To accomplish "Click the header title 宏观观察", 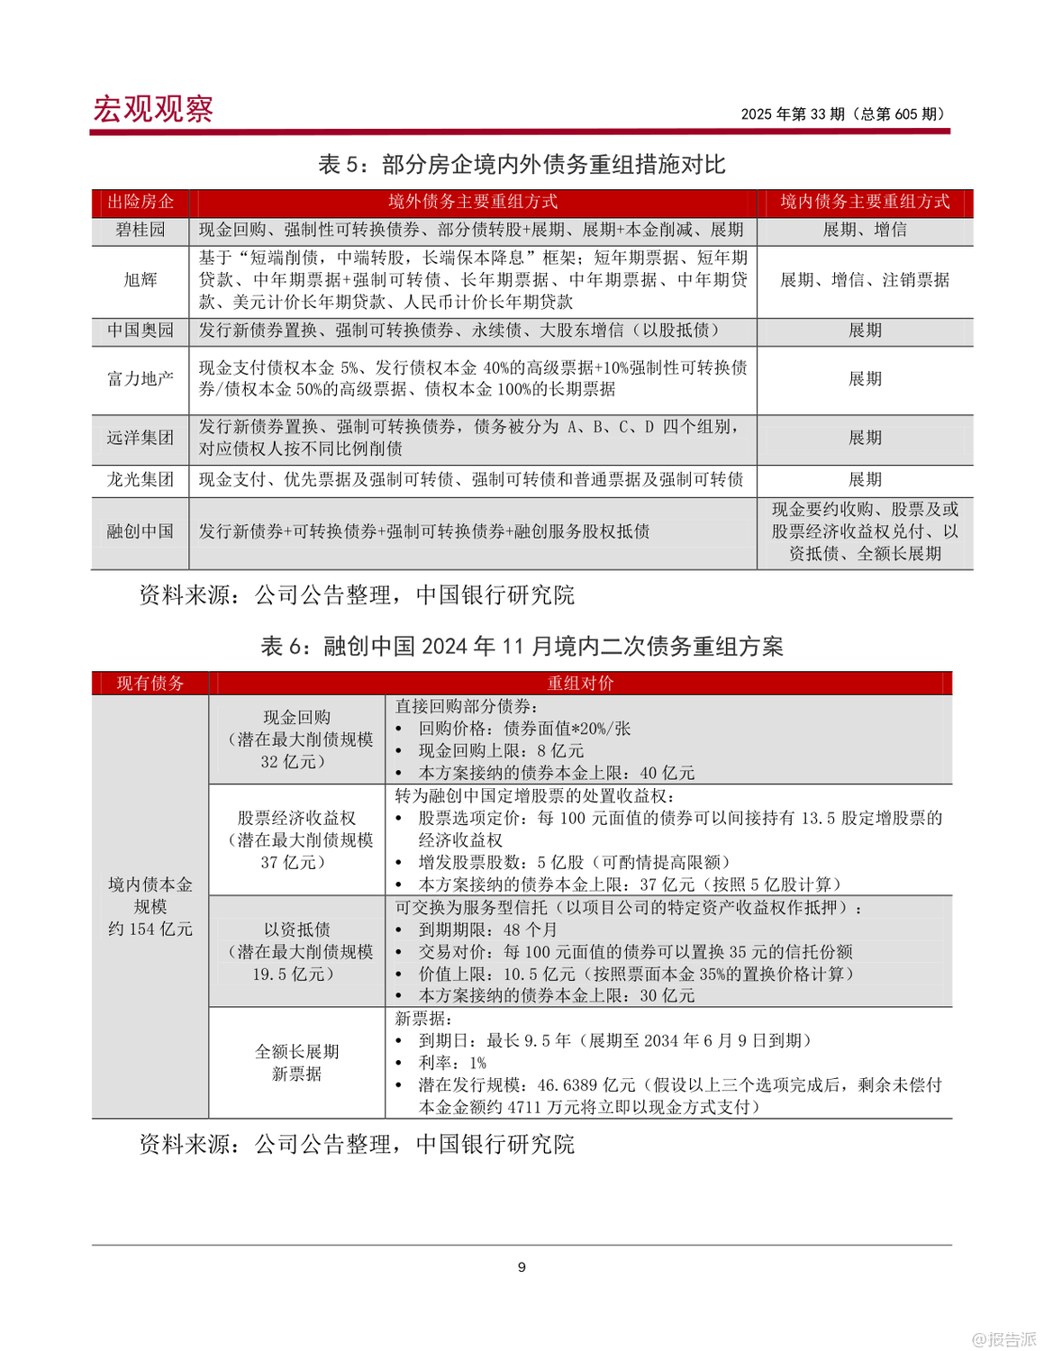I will point(153,109).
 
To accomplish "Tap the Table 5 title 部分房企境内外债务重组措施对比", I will point(522,164).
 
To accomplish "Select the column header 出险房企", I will point(141,202).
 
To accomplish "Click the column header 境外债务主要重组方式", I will point(473,202).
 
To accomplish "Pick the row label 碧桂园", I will point(141,230).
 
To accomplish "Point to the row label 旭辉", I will point(141,280).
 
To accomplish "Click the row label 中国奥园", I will point(141,331).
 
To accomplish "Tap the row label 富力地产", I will point(141,379).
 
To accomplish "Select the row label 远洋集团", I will point(141,438).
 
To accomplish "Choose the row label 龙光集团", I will point(141,479).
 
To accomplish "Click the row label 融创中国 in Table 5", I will point(141,531).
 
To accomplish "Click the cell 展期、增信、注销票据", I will point(865,280).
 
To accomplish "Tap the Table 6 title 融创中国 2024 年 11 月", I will point(522,646).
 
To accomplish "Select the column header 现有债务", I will point(150,684).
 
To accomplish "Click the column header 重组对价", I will point(580,684).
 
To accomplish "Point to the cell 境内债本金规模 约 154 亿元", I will point(150,906).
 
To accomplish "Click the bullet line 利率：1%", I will point(452,1063).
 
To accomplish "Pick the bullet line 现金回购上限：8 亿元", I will point(501,750).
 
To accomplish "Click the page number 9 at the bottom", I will point(522,1267).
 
